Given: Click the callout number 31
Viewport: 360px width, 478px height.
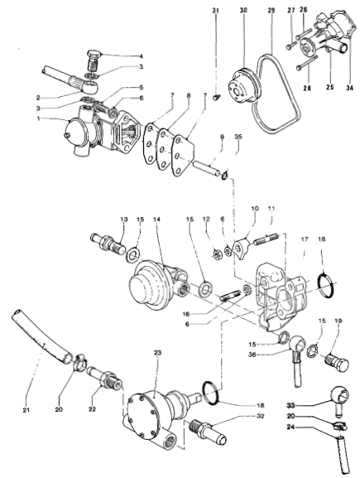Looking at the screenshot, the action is (216, 11).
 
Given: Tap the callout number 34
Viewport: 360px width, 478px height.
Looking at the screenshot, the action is (349, 88).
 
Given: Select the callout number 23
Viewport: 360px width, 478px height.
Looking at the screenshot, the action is (158, 353).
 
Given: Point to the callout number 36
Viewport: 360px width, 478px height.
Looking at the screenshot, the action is (252, 355).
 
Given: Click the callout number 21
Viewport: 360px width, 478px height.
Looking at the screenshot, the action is (26, 410).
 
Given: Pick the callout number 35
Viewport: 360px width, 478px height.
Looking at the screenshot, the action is (238, 137).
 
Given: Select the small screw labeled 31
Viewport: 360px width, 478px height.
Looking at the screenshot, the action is (216, 98).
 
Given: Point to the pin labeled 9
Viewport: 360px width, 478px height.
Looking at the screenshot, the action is (206, 169).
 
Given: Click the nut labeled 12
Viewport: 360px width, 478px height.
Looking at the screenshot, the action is (217, 254).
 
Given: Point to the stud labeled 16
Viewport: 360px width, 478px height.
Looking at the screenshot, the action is (230, 297).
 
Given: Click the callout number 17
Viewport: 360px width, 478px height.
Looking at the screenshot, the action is (305, 239).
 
